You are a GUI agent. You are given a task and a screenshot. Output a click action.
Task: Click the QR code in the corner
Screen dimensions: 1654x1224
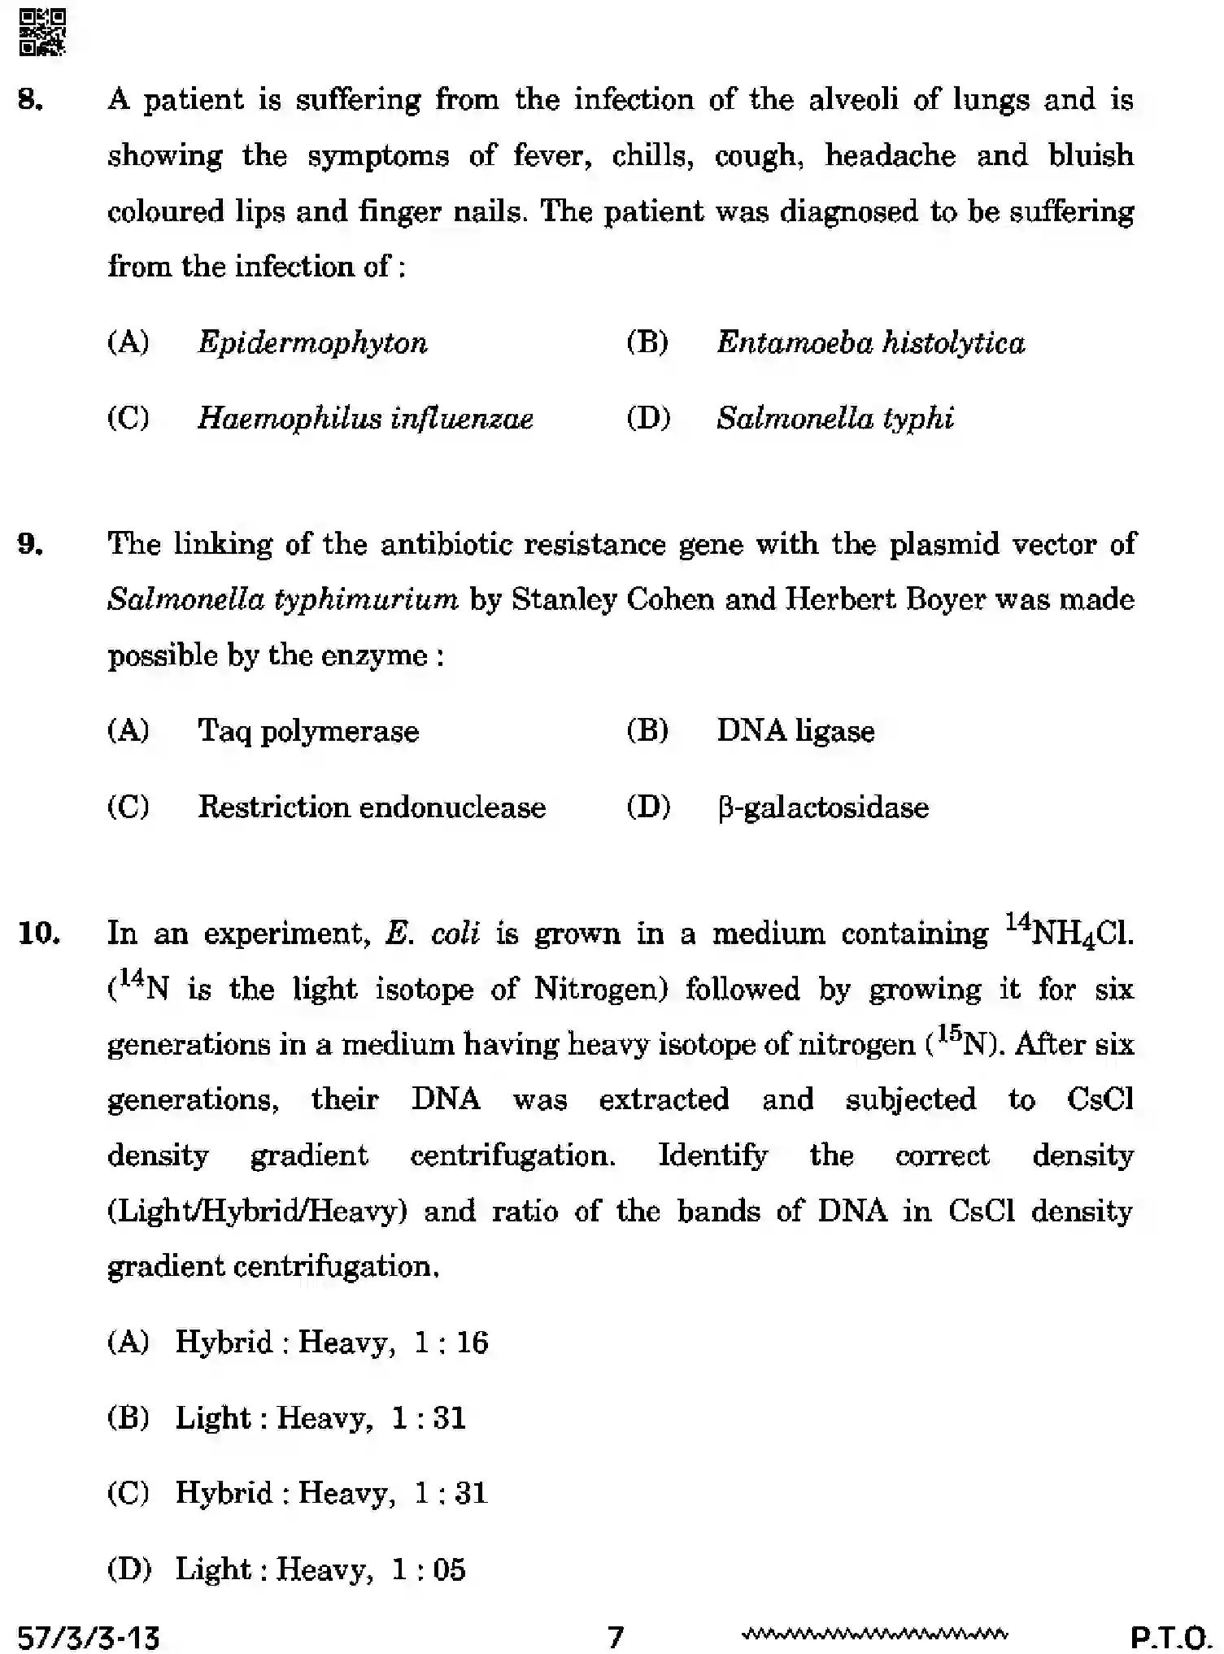coord(41,33)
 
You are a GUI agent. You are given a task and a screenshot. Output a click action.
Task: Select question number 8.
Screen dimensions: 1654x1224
coord(30,100)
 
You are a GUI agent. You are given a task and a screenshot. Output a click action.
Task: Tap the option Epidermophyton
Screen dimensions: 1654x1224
coord(312,342)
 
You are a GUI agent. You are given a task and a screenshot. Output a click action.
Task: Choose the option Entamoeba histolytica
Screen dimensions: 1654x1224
coord(870,342)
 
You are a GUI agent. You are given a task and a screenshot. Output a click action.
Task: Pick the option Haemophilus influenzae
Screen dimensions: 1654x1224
coord(365,419)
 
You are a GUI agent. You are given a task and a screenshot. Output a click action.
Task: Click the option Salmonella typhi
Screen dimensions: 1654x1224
coord(834,419)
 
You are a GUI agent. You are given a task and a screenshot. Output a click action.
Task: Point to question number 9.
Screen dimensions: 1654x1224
coord(30,544)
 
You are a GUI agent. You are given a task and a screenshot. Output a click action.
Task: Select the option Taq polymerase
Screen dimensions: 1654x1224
coord(308,731)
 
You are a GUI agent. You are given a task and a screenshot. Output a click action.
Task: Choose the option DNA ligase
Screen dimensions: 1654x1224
coord(795,731)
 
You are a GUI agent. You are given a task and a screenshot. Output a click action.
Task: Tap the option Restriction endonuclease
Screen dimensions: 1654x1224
coord(372,807)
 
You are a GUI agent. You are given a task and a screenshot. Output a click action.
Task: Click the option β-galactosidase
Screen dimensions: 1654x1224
coord(822,807)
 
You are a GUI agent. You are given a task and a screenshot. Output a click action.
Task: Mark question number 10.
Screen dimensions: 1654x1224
coord(38,934)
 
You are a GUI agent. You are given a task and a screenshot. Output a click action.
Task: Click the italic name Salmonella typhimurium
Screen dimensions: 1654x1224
coord(282,600)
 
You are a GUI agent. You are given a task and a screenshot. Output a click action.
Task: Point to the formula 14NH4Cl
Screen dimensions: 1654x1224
coord(1068,932)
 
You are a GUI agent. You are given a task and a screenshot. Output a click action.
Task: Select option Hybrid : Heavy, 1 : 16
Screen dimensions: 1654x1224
coord(331,1343)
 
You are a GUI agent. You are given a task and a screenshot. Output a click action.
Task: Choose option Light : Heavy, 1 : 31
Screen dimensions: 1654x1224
coord(320,1418)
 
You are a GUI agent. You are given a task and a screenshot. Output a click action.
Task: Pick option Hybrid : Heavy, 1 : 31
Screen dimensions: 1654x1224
coord(331,1494)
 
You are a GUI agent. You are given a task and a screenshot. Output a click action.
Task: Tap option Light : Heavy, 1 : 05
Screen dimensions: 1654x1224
coord(320,1569)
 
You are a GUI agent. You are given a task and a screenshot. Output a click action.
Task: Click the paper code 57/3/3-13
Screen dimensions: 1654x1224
coord(89,1635)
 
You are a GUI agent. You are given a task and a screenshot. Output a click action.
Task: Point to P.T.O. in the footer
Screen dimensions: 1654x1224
coord(1171,1635)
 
